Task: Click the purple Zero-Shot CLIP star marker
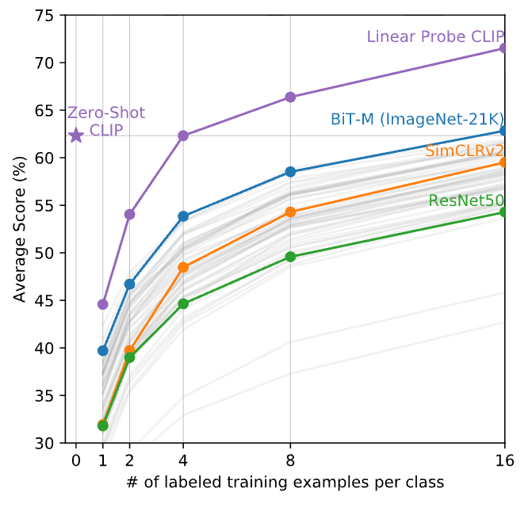pos(76,135)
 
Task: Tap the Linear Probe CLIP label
pos(436,36)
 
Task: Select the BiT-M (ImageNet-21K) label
pos(417,120)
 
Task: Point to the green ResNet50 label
pos(467,200)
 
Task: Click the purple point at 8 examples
pos(290,97)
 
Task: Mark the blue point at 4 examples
pos(183,215)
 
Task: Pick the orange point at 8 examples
pos(290,212)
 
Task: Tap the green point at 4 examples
pos(183,303)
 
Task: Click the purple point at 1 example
pos(102,304)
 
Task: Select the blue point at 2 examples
pos(129,284)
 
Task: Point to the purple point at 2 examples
pos(129,214)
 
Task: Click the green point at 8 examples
pos(290,257)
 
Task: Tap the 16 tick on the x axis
pos(505,460)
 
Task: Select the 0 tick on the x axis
pos(76,460)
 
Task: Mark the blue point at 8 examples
pos(290,171)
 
